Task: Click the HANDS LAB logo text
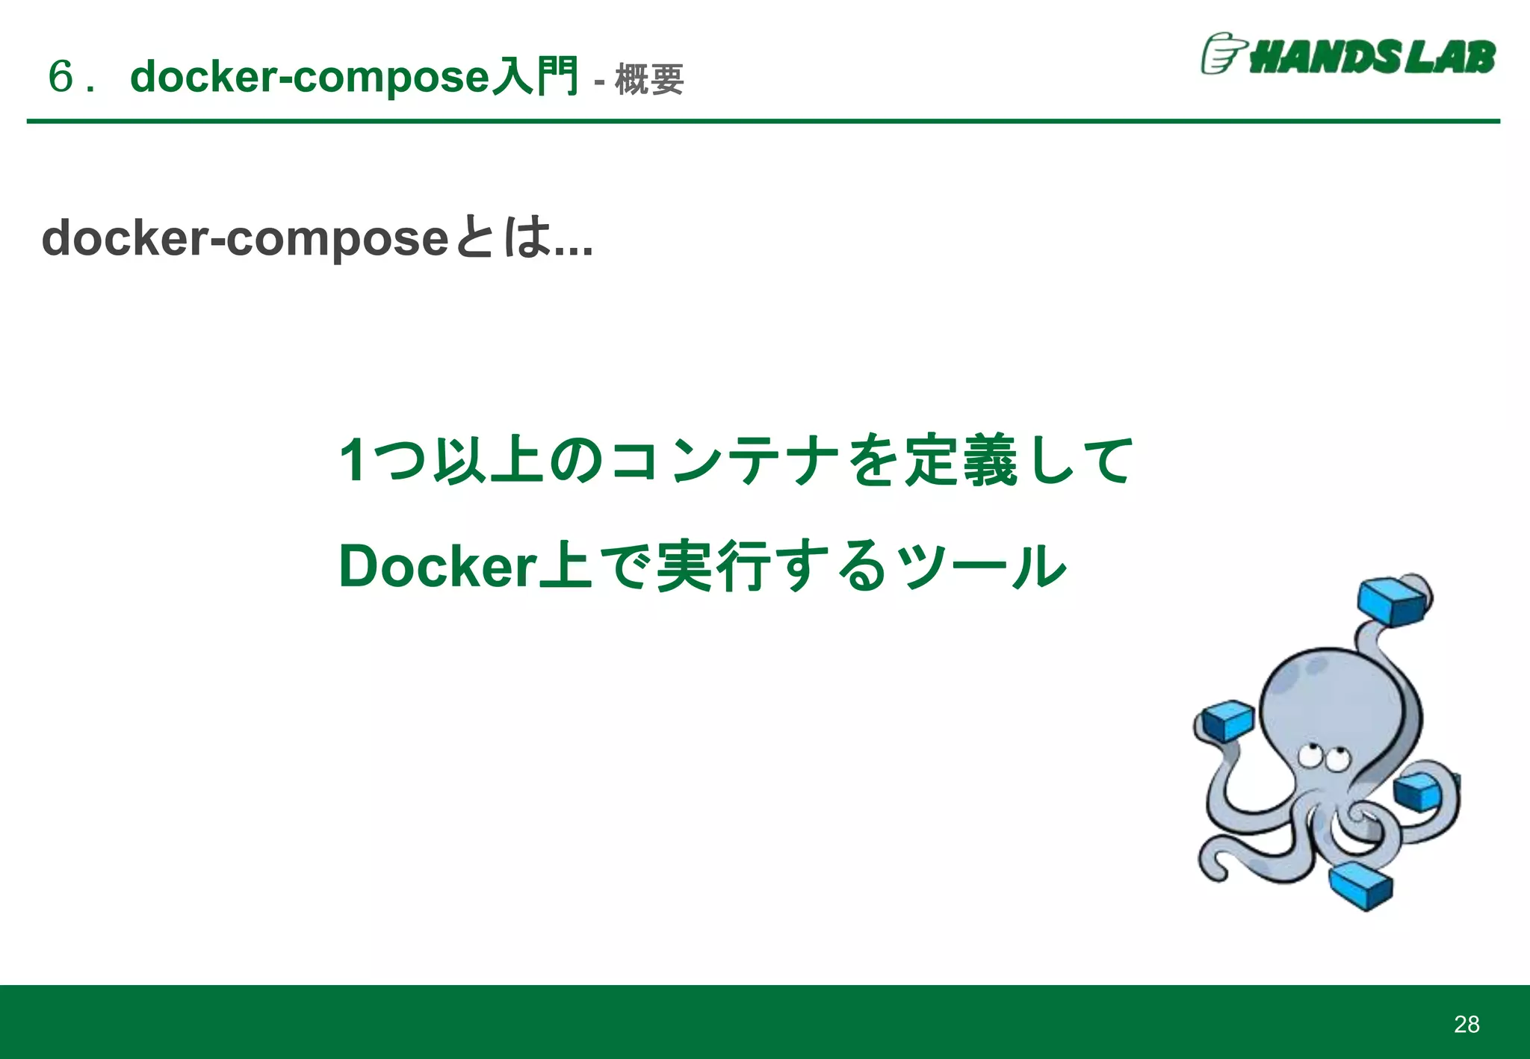coord(1372,57)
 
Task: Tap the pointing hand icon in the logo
coord(1222,54)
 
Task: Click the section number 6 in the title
coord(61,76)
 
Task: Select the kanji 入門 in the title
coord(536,76)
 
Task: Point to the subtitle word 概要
coord(649,79)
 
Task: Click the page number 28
coord(1466,1024)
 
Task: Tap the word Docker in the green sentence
coord(438,566)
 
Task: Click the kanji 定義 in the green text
coord(961,460)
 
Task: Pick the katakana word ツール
coord(981,566)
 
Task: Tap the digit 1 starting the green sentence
coord(352,460)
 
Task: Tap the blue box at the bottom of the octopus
coord(1361,886)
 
